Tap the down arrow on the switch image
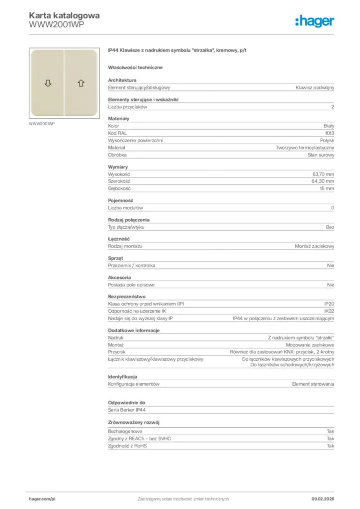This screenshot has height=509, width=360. click(x=48, y=83)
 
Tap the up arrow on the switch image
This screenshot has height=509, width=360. click(x=81, y=83)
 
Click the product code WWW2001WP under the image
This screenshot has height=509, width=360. click(x=42, y=123)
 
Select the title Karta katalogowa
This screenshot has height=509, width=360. click(x=64, y=15)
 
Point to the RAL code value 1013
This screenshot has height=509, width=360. click(x=329, y=133)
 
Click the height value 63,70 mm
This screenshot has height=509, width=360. click(x=323, y=174)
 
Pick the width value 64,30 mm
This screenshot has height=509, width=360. click(x=323, y=181)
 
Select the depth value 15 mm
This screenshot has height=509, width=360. click(x=327, y=189)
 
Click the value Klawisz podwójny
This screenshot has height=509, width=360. click(x=315, y=87)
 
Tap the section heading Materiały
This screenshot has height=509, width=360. click(x=119, y=119)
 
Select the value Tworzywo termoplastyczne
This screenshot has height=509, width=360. click(x=305, y=148)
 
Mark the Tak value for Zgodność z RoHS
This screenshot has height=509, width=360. click(x=330, y=446)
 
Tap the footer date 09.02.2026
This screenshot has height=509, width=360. click(x=319, y=499)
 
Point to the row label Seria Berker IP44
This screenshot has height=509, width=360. click(x=127, y=410)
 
